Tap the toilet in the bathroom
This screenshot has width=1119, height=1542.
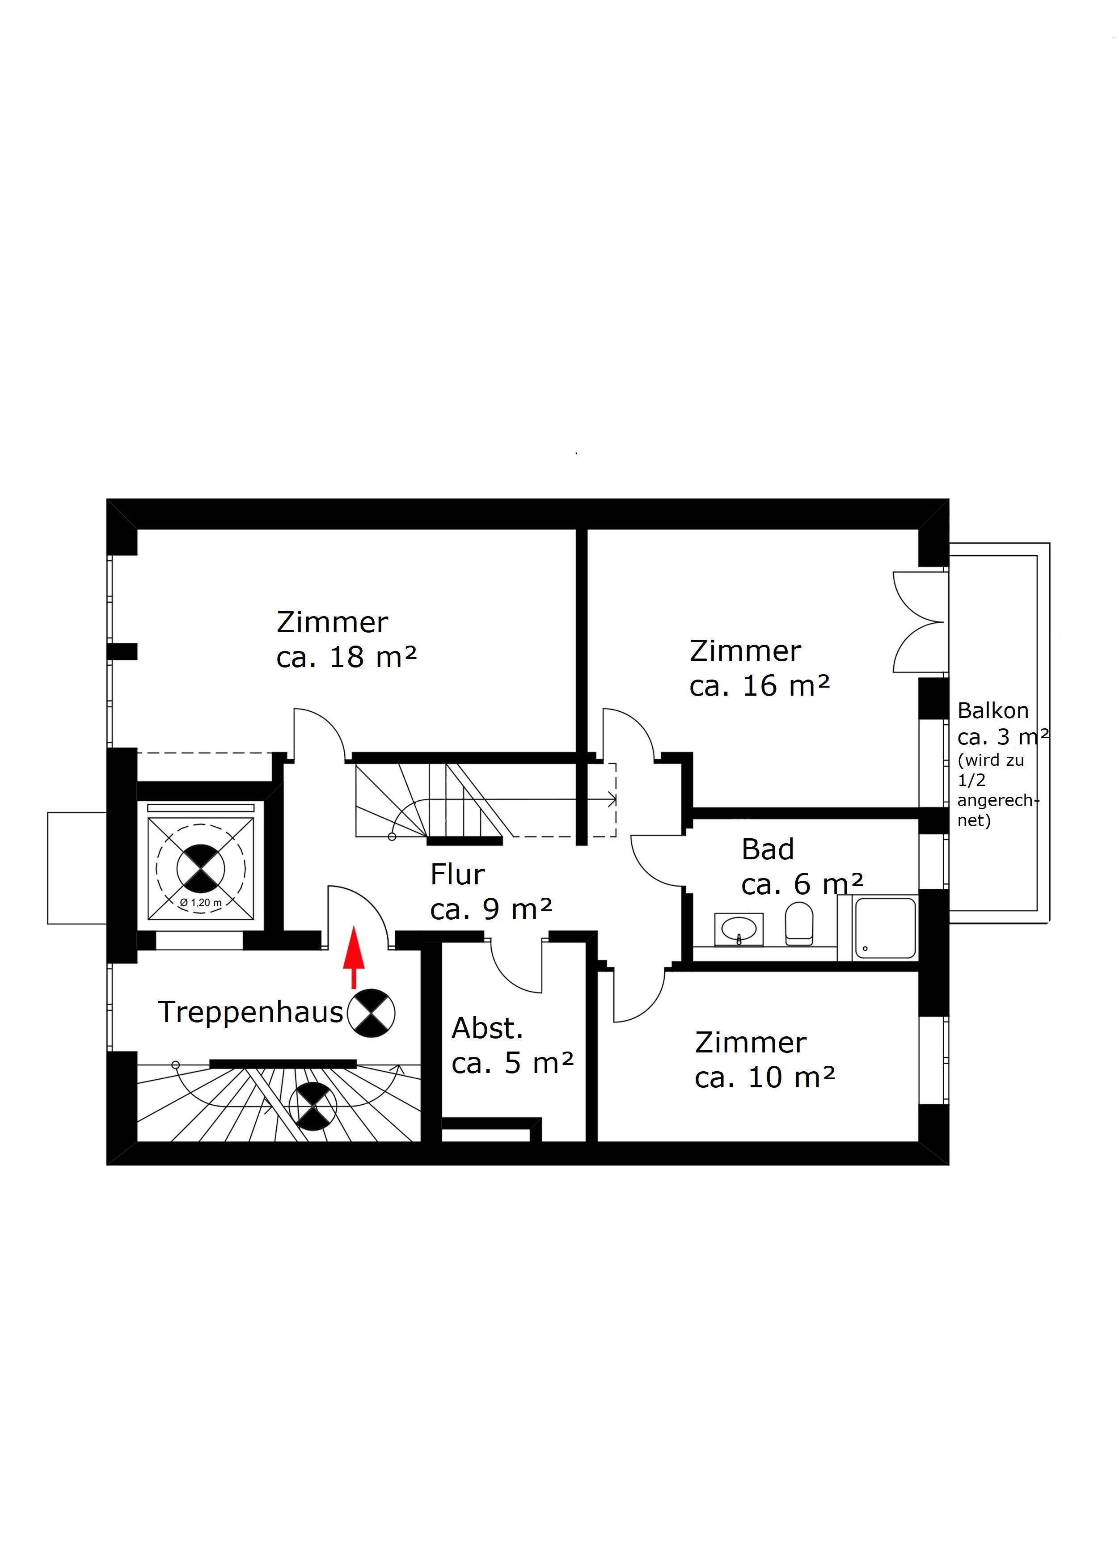click(799, 923)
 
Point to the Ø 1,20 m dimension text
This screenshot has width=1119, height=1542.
click(201, 903)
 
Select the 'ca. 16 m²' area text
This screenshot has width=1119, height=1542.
click(760, 686)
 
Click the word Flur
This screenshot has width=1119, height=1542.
click(457, 875)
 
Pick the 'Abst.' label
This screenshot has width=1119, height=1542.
click(487, 1029)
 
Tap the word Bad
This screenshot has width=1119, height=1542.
click(768, 850)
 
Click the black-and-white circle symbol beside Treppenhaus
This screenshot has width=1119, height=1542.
click(371, 1014)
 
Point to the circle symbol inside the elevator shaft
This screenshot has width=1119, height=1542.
click(201, 867)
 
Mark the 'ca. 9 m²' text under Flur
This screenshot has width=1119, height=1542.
click(491, 909)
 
